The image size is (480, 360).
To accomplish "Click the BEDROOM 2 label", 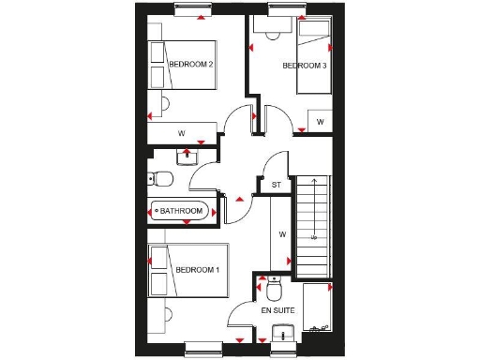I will coord(191,64).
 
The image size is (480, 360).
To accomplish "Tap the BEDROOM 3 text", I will coord(305,66).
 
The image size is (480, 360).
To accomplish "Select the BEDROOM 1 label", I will coord(197,271).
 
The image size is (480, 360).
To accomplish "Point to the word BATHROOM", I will coord(181,211).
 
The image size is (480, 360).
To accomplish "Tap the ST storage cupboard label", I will coord(276,186).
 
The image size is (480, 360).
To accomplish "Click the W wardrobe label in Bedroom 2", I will coord(181,133).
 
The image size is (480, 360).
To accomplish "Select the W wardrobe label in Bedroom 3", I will coord(320,122).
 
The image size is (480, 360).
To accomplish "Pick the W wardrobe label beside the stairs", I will coord(281,234).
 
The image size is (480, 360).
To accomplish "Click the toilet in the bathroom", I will coord(161,178).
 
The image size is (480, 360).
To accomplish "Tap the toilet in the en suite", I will coord(273,282).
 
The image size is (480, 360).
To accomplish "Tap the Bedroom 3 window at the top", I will coord(281,11).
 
